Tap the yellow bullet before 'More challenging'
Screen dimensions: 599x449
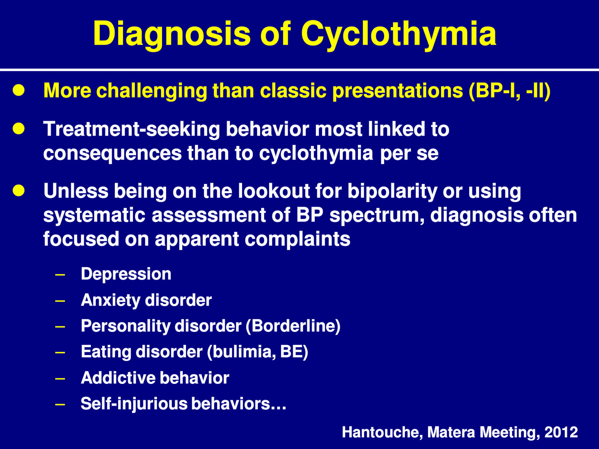[x=19, y=90]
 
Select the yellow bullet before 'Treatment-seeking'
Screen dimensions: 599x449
[x=19, y=128]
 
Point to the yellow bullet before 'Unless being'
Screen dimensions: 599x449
[x=19, y=190]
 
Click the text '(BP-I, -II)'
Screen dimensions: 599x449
[x=509, y=90]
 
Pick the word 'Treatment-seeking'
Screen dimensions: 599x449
[x=132, y=129]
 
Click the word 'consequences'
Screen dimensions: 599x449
[x=113, y=153]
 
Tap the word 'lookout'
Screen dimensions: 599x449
[x=274, y=191]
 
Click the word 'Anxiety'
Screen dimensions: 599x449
[x=110, y=300]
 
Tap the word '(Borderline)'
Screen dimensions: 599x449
[x=293, y=326]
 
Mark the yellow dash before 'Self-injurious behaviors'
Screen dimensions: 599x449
[x=60, y=404]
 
